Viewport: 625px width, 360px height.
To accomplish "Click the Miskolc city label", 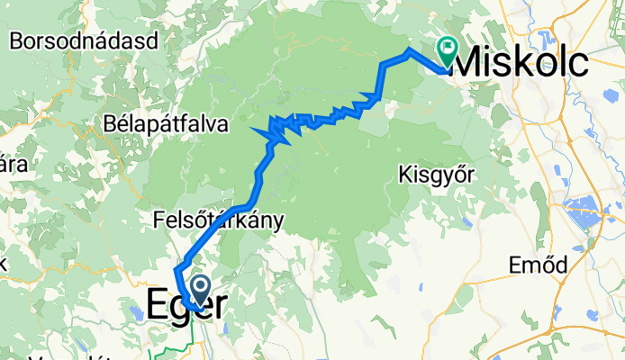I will coord(523,62).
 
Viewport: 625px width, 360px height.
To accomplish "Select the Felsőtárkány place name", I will coord(219,220).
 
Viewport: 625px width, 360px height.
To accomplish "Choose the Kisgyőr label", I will coord(434,173).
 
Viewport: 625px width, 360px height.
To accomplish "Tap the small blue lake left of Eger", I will coord(137,312).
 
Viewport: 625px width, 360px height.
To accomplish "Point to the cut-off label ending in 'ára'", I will coord(11,166).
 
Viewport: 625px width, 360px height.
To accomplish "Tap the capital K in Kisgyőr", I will coord(403,172).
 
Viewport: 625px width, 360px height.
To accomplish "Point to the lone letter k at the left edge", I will coord(4,264).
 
